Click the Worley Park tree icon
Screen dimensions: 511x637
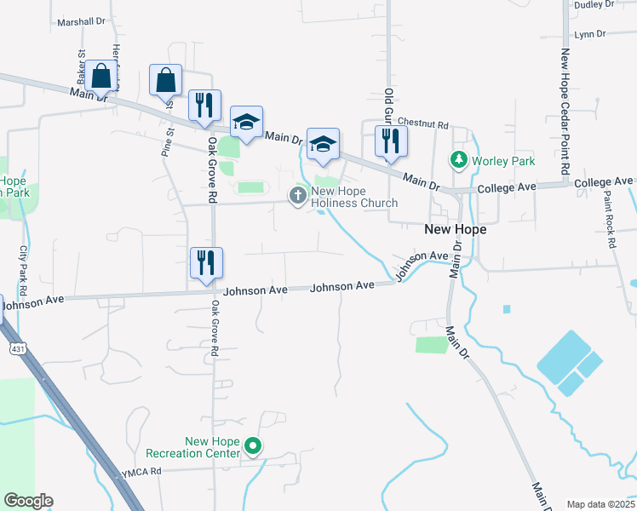coord(459,160)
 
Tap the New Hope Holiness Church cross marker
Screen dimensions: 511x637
coord(298,197)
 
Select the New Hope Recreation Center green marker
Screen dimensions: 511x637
coord(252,445)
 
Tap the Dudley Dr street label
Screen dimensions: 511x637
coord(594,5)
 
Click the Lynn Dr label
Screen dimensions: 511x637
coord(589,34)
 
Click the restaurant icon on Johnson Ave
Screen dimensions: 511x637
coord(206,262)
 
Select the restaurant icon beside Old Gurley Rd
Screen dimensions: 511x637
coord(391,141)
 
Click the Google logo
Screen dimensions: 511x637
coord(28,501)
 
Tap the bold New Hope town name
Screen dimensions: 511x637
coord(456,230)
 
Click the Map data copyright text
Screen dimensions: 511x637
coord(601,504)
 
